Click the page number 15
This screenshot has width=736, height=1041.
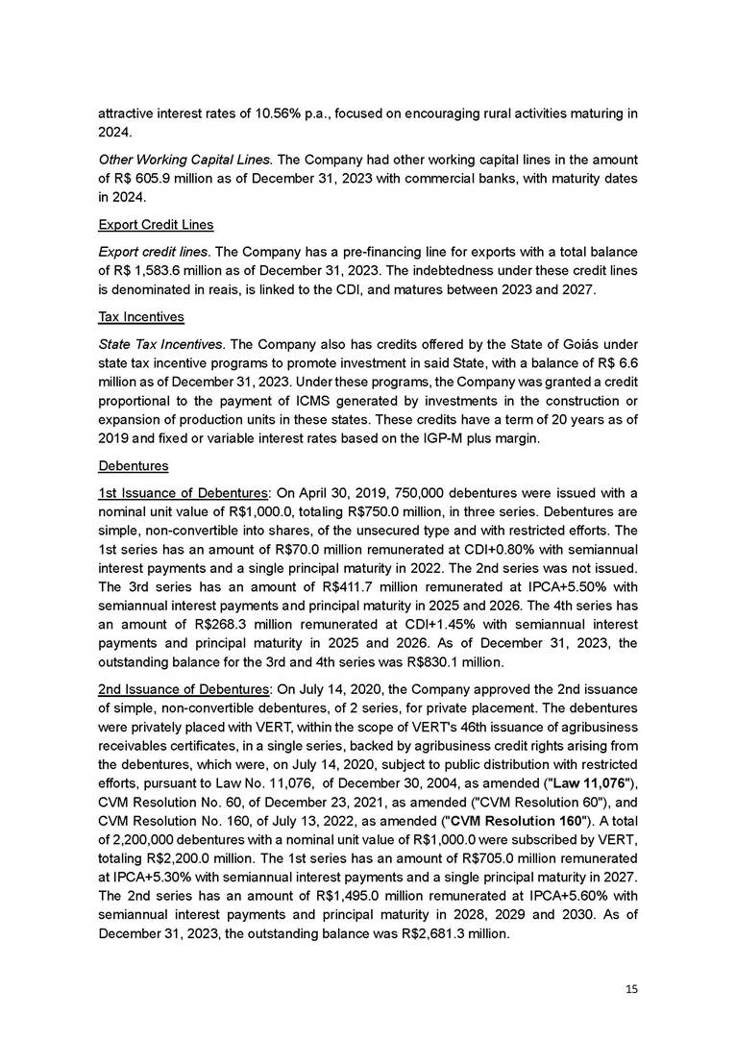coord(631,988)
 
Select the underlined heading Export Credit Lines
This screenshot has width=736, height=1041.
coord(156,225)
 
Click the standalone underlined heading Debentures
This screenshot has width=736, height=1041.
coord(134,466)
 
